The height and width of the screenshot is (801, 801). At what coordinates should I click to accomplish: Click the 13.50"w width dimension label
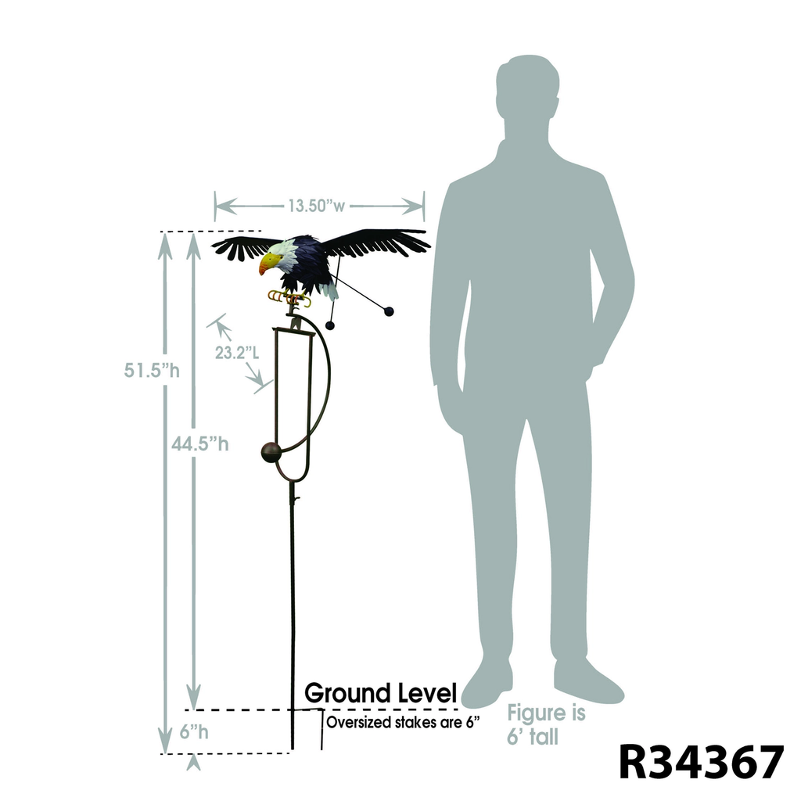coord(316,207)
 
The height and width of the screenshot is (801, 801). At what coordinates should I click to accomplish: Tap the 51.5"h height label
coord(152,370)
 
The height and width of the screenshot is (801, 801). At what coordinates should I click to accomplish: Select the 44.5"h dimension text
coord(201,444)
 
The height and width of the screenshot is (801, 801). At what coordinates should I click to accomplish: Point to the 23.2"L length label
coord(237,353)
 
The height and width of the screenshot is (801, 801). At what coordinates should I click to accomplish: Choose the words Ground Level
coord(380,693)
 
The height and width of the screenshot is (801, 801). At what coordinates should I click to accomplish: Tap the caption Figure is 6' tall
coord(546,724)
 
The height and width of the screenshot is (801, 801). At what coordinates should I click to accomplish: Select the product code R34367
coord(701,762)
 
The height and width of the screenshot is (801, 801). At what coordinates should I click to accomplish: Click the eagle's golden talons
coord(288,297)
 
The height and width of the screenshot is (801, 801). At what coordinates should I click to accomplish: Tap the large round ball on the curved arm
coord(271,452)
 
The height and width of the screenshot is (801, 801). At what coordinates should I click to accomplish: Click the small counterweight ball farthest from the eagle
coord(389,311)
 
